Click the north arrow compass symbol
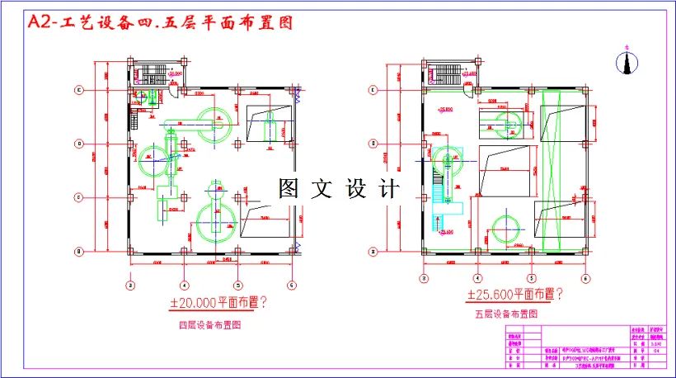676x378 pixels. point(627,61)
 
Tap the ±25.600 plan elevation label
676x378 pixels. point(515,295)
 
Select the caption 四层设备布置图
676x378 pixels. point(210,325)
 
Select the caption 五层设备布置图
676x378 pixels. point(506,314)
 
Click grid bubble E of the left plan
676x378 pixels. point(79,89)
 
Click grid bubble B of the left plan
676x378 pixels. point(79,251)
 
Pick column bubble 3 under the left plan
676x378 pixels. point(130,286)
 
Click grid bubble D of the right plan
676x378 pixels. point(373,144)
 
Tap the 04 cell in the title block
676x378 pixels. point(656,351)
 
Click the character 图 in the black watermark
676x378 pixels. point(289,189)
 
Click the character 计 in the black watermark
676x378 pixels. point(389,189)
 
